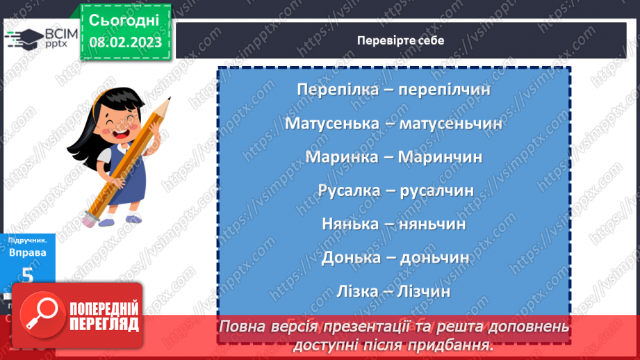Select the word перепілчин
click(x=447, y=90)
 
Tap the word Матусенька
click(x=330, y=123)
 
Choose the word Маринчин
click(x=441, y=156)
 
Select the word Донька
click(x=350, y=257)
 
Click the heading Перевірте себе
click(x=400, y=40)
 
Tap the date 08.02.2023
click(x=126, y=42)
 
